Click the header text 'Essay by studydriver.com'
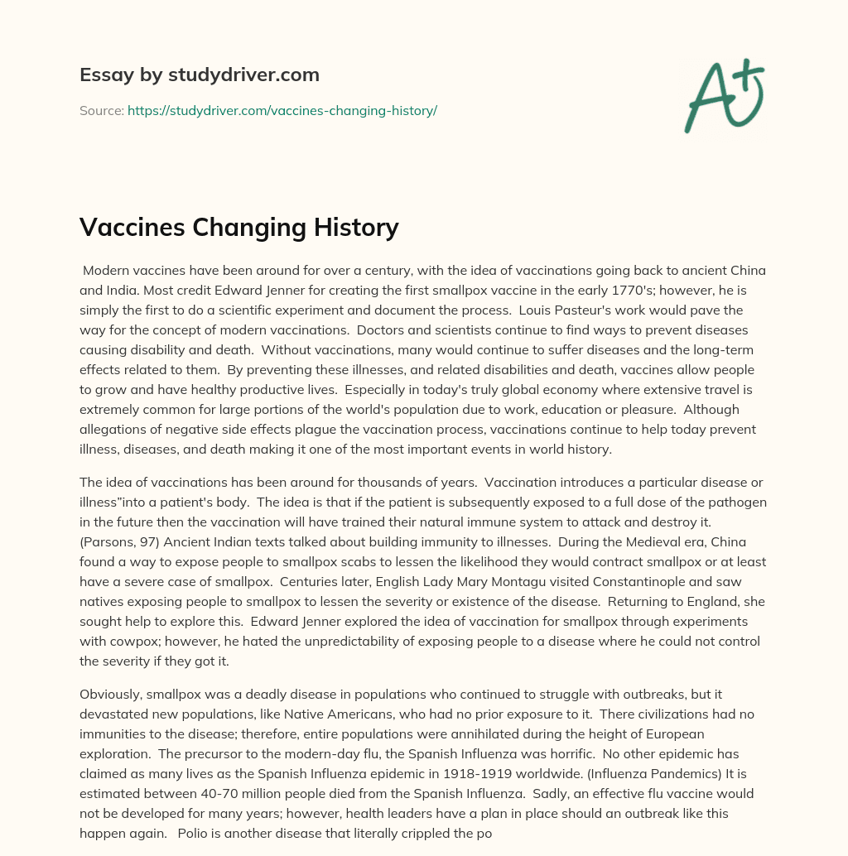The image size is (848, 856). pyautogui.click(x=199, y=75)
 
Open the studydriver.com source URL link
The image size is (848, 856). pyautogui.click(x=282, y=110)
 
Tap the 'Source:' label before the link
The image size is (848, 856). pyautogui.click(x=101, y=110)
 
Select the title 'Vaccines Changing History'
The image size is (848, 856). pyautogui.click(x=238, y=227)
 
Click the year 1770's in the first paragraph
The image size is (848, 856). pyautogui.click(x=593, y=291)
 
